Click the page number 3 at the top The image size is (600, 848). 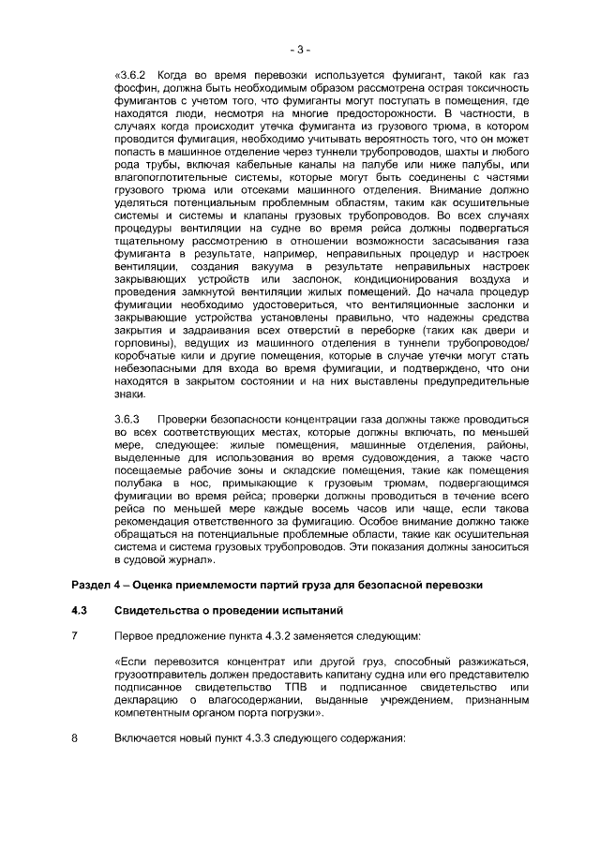click(x=299, y=48)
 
